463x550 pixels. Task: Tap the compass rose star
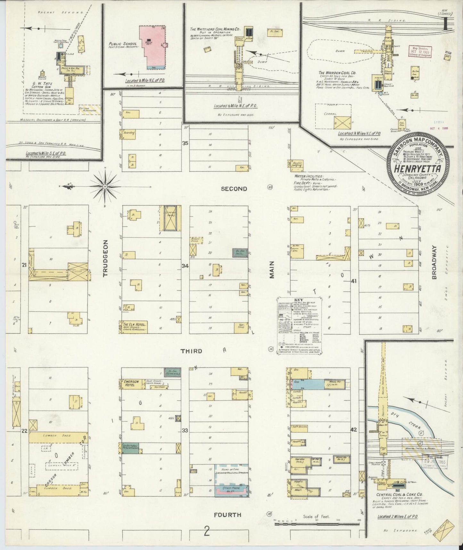pos(105,186)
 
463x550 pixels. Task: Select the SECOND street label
pos(234,189)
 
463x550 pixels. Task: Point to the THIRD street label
pos(191,351)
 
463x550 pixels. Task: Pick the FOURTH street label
pos(227,515)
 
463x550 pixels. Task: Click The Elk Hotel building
pos(133,327)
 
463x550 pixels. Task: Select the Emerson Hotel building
pos(132,384)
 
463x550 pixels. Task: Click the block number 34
pos(185,266)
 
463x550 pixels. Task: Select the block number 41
pos(354,281)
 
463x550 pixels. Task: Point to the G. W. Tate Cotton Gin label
pos(41,86)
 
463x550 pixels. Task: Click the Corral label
pos(330,114)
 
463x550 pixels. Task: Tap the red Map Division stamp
pos(420,51)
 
